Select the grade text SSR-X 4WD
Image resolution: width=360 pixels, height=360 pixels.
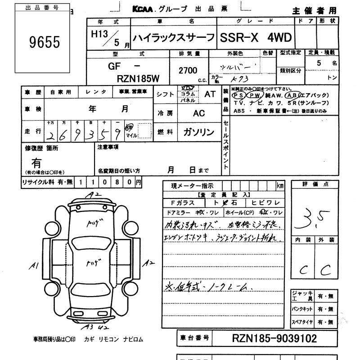(x=255, y=38)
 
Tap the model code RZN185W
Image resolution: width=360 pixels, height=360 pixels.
(x=138, y=78)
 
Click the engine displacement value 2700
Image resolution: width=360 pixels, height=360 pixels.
(x=188, y=70)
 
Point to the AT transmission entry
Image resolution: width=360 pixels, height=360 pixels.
(x=210, y=94)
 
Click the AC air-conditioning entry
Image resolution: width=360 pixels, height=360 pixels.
(x=199, y=113)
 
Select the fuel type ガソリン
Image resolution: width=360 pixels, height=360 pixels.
(x=198, y=132)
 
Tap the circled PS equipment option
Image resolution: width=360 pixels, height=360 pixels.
(x=238, y=95)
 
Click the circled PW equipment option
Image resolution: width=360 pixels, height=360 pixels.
(x=255, y=95)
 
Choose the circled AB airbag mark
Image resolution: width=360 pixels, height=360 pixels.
(x=291, y=95)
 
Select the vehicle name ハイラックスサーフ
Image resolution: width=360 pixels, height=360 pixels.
(x=173, y=38)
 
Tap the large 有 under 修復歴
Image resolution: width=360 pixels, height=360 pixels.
(x=36, y=163)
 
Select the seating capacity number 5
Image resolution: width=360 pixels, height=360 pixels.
(x=319, y=63)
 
